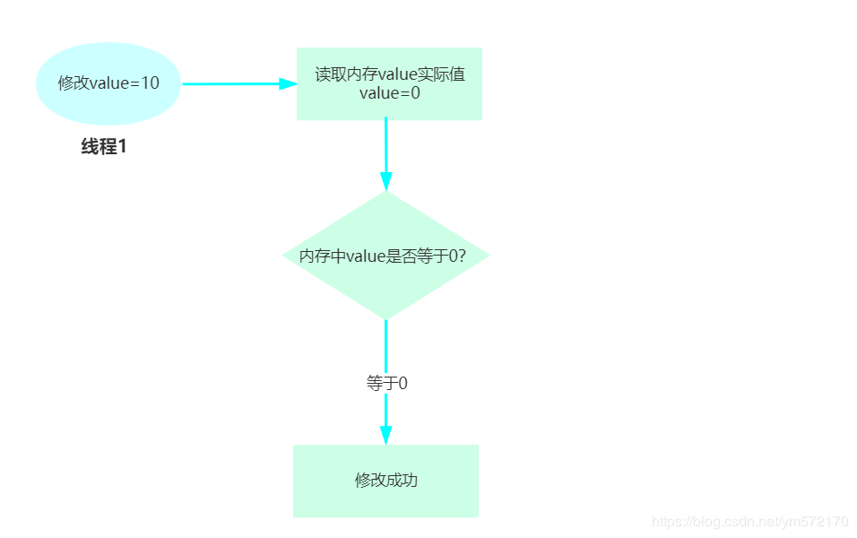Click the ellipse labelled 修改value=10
click(108, 83)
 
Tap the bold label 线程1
click(104, 147)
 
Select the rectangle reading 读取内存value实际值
click(389, 83)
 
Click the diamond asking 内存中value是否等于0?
click(385, 256)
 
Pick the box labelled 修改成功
click(385, 481)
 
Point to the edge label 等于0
click(387, 383)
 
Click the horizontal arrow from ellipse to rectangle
click(233, 83)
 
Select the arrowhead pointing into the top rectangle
click(288, 83)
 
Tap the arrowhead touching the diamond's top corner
click(385, 180)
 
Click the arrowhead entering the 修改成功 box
click(385, 435)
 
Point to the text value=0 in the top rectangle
click(390, 92)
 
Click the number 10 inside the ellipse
click(151, 83)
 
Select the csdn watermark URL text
click(749, 521)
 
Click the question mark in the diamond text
click(462, 256)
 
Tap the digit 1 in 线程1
click(123, 147)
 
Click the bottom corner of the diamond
click(385, 317)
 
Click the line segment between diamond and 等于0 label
click(385, 345)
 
